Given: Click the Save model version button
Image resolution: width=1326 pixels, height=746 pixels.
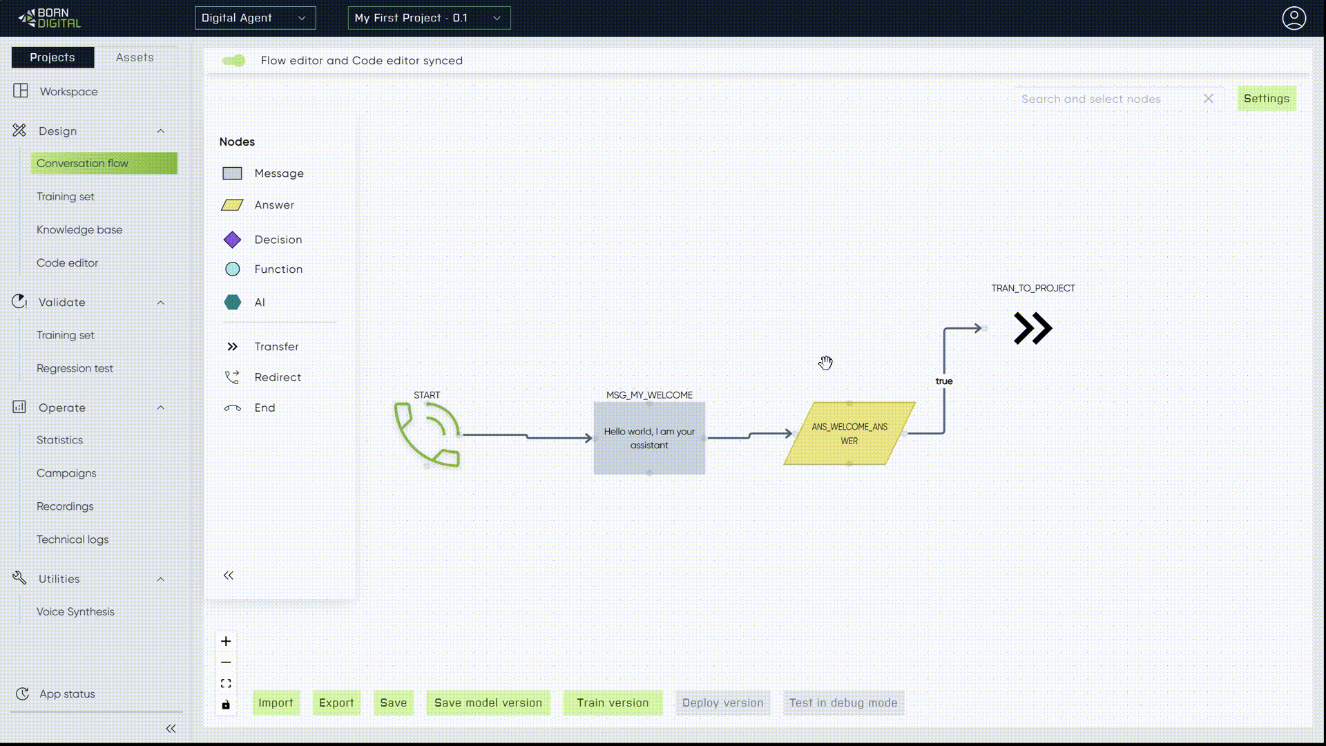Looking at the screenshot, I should [488, 702].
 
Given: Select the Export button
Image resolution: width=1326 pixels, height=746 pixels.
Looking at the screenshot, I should [336, 702].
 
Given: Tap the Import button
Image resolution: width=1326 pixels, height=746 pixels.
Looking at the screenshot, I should [276, 702].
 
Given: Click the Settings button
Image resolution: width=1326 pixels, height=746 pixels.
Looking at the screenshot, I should [1266, 99].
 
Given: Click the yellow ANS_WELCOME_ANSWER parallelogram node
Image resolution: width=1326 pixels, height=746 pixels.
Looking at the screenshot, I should [849, 434].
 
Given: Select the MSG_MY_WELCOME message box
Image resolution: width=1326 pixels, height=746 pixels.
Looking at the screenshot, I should [649, 439].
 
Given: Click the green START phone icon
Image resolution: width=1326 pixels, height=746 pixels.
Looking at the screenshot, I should [427, 434].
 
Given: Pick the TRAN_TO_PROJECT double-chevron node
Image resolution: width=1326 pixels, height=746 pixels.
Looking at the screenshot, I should [1032, 328].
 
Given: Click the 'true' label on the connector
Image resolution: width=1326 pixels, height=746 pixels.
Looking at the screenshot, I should [943, 381].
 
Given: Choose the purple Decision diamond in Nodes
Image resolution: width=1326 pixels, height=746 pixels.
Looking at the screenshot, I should [233, 240].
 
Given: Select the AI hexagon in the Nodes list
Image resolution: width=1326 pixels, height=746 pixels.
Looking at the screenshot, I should [233, 303].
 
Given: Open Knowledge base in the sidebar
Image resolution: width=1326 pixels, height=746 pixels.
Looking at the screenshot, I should [79, 230].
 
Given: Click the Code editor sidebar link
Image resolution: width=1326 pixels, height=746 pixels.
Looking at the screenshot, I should [67, 263].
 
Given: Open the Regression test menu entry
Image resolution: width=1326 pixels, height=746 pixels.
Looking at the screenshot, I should [75, 369].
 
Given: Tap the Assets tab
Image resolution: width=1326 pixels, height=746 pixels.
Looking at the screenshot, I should [135, 57].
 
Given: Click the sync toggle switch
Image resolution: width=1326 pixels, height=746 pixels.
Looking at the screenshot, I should [233, 61].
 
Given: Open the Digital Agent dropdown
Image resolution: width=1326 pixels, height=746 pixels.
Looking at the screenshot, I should [255, 18].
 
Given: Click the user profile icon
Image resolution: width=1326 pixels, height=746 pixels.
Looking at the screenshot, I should [1294, 18].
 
